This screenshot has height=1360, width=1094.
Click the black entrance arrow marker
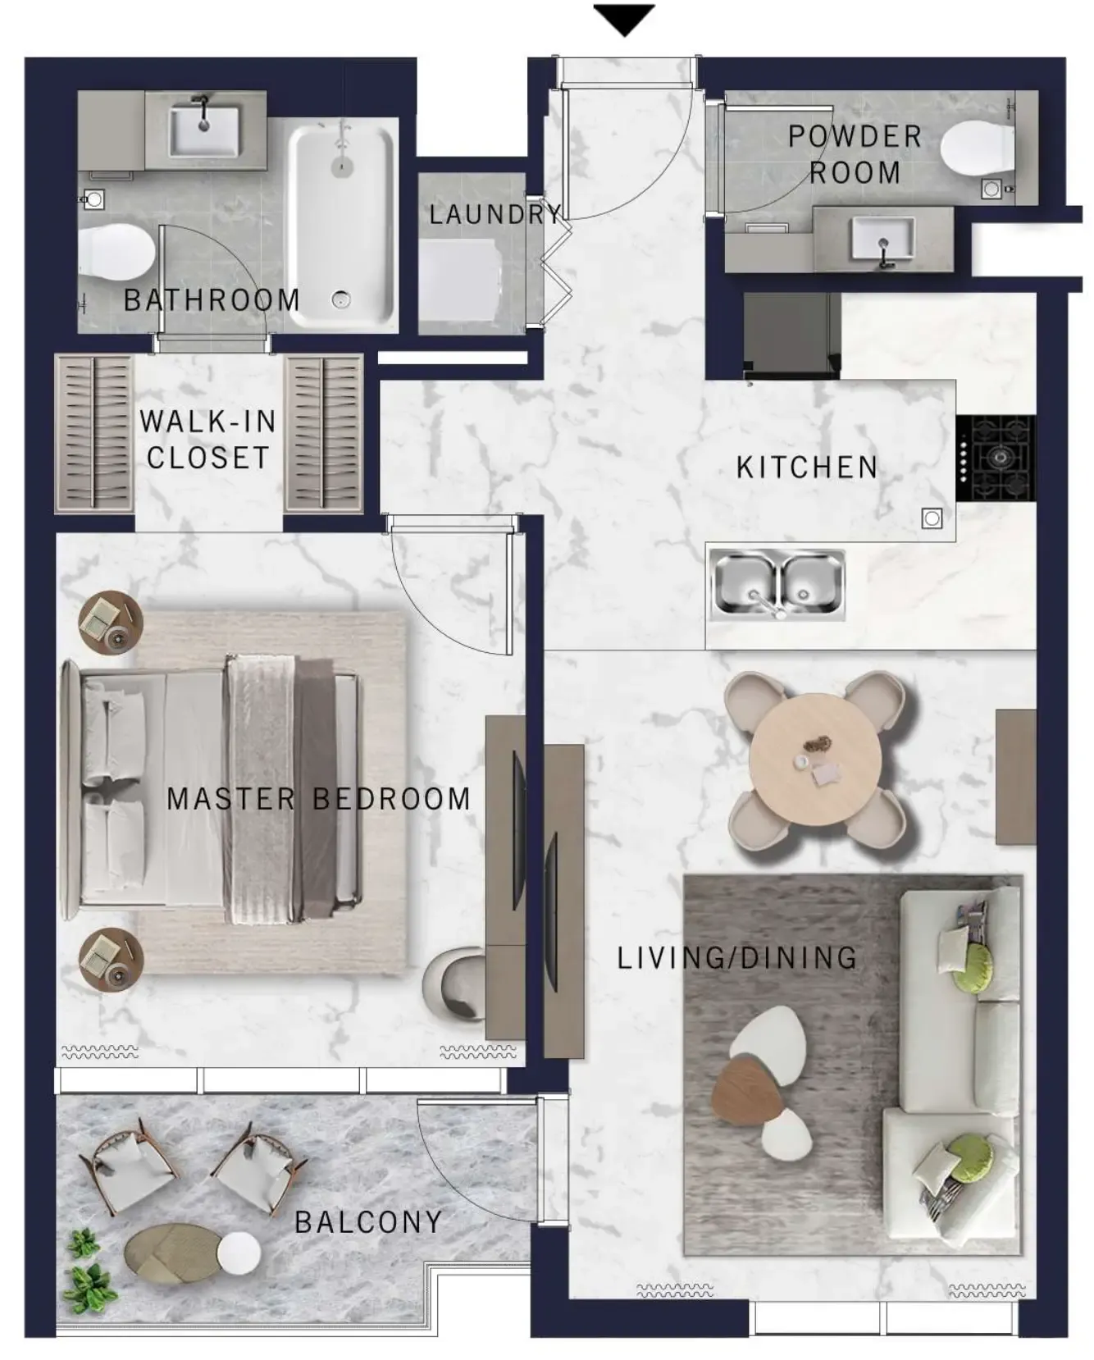[x=624, y=19]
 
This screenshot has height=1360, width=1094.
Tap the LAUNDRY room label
[x=495, y=214]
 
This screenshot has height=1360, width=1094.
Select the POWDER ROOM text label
[x=855, y=154]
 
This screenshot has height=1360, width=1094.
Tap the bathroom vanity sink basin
[x=204, y=130]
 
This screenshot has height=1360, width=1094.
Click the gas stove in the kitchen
[x=996, y=458]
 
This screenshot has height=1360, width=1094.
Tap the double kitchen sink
[x=776, y=584]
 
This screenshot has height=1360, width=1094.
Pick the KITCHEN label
[x=807, y=468]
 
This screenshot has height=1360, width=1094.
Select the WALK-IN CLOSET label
[x=207, y=440]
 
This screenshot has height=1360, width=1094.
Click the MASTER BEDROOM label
[x=318, y=799]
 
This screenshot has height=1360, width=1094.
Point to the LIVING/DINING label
[x=736, y=958]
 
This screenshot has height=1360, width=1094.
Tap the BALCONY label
[x=368, y=1222]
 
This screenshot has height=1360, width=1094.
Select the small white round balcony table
[x=239, y=1253]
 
